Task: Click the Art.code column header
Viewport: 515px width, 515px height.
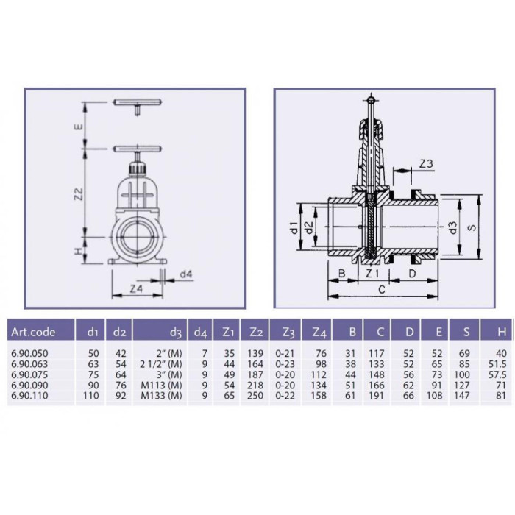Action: [33, 332]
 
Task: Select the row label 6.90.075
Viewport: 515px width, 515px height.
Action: [29, 374]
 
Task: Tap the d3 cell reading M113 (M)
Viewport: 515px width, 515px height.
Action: [161, 386]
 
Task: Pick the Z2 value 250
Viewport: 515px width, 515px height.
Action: [255, 396]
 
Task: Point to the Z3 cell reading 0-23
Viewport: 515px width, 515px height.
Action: [285, 364]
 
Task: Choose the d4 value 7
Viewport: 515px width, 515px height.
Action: [205, 354]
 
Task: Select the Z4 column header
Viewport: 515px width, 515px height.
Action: [319, 333]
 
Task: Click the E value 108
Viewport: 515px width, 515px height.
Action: [435, 396]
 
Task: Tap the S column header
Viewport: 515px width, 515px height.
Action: [466, 332]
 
